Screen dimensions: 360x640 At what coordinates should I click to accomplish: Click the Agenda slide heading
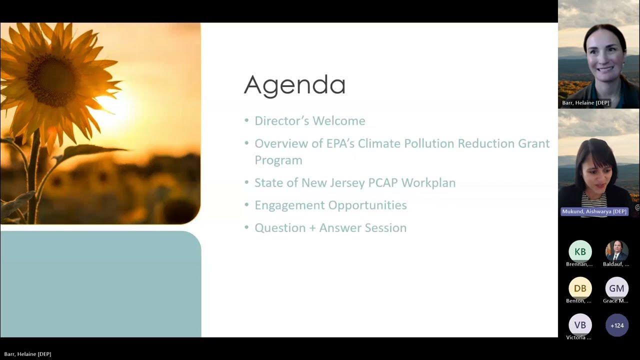coord(294,85)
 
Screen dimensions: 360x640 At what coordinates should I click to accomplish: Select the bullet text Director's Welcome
coord(309,121)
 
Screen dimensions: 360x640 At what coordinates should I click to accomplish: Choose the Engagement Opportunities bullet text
coord(330,205)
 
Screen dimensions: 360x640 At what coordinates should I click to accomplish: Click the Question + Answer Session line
coord(330,228)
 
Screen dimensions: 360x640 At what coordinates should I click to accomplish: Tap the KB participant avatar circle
coord(580,251)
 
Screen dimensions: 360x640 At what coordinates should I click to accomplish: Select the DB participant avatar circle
coord(580,288)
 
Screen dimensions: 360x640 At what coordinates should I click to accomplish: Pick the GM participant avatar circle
coord(616,288)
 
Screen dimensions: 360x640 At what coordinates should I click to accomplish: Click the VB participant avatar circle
coord(580,325)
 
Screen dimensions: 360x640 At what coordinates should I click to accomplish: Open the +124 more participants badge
coord(616,325)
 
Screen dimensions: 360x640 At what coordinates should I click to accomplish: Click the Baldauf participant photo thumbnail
coord(616,251)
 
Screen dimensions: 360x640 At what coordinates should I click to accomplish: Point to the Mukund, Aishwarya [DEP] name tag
coord(594,211)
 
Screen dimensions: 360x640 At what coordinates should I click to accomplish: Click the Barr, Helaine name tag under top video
coord(585,103)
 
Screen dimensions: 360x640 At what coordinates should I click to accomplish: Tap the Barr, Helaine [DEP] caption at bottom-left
coord(27,354)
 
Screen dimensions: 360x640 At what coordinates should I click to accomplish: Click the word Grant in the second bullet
coord(533,144)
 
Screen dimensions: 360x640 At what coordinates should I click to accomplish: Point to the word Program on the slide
coord(278,160)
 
